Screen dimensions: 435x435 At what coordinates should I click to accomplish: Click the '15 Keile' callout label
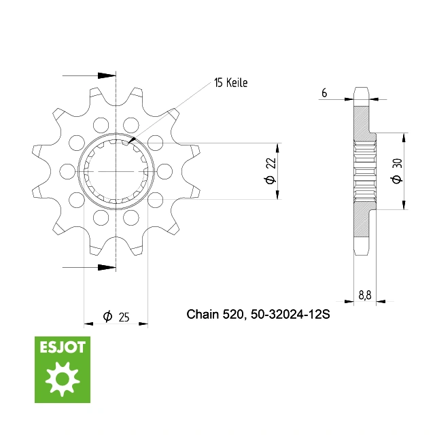[230, 83]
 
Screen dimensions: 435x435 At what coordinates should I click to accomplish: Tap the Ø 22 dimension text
[271, 171]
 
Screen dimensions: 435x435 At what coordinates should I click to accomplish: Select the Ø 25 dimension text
[116, 317]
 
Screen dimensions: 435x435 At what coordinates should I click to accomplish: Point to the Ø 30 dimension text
[397, 171]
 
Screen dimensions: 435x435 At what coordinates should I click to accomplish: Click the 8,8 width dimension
[365, 295]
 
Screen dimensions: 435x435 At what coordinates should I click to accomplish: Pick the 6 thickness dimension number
[324, 92]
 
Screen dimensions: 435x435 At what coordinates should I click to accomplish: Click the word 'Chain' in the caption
[203, 314]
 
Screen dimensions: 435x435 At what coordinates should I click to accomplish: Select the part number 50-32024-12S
[290, 314]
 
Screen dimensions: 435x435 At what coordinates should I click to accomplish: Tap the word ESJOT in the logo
[63, 347]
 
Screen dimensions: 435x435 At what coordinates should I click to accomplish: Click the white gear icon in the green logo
[63, 379]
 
